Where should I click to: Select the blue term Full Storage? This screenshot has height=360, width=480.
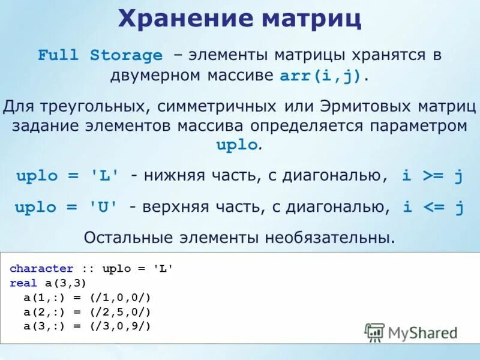[100, 56]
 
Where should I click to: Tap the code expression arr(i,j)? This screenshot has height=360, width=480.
[322, 77]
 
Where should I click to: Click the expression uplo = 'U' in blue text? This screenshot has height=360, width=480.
[67, 208]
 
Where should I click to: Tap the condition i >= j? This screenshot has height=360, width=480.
[432, 176]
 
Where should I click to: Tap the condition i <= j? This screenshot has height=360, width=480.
[433, 208]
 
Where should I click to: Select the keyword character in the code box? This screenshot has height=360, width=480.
[41, 269]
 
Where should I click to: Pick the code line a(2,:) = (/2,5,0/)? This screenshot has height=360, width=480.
[87, 312]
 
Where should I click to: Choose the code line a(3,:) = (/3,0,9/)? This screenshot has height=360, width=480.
[87, 326]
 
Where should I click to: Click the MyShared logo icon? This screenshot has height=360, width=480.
[374, 332]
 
